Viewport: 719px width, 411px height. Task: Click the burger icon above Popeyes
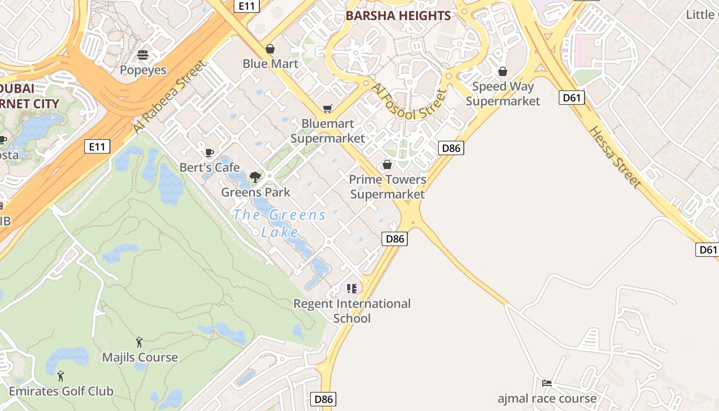point(143,54)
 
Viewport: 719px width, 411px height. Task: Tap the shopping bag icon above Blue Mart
point(270,49)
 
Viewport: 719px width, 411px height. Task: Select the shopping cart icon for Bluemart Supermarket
point(327,108)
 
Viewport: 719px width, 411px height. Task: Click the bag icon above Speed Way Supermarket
point(502,71)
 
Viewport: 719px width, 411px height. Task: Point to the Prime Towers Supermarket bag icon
point(387,164)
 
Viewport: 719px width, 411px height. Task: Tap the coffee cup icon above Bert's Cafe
point(209,153)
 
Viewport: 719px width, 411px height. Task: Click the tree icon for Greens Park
point(255,177)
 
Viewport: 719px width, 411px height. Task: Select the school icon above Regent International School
point(351,289)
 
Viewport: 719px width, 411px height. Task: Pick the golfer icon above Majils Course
point(139,342)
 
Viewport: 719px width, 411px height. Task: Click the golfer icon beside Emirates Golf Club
point(61,376)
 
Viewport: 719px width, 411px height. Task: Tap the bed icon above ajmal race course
point(547,383)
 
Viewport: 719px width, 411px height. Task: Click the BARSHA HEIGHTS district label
point(398,16)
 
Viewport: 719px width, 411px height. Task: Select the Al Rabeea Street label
point(169,97)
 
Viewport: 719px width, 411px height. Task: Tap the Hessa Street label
point(615,157)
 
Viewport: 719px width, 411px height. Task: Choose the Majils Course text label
point(140,358)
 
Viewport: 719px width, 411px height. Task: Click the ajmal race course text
point(547,399)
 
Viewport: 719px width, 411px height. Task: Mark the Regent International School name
point(352,311)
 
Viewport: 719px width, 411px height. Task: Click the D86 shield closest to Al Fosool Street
point(451,148)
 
